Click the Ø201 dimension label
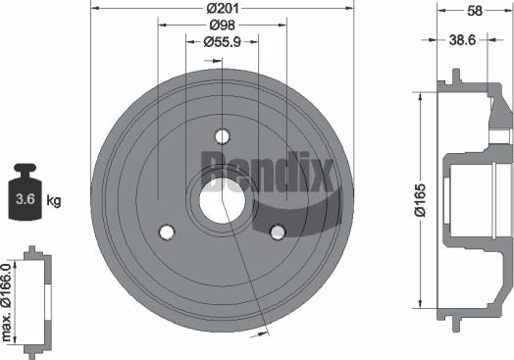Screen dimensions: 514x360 pyautogui.click(x=223, y=8)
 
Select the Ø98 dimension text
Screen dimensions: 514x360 pyautogui.click(x=223, y=25)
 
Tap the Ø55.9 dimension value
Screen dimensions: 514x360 pyautogui.click(x=223, y=42)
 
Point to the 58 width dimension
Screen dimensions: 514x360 pyautogui.click(x=475, y=11)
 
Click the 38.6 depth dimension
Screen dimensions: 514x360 pyautogui.click(x=462, y=40)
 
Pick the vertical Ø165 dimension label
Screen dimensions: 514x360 pyautogui.click(x=420, y=200)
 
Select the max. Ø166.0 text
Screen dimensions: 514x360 pyautogui.click(x=6, y=302)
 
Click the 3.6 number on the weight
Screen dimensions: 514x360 pyautogui.click(x=26, y=199)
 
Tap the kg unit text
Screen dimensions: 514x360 pyautogui.click(x=54, y=200)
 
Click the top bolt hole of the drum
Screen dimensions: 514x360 pyautogui.click(x=223, y=136)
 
